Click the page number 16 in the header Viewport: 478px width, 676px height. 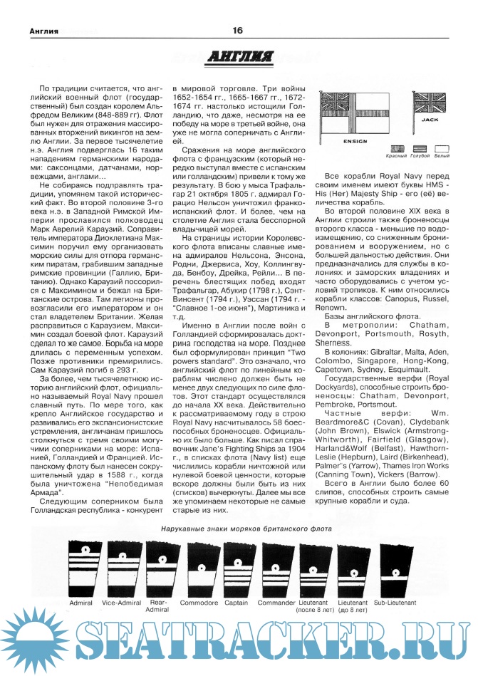click(238, 30)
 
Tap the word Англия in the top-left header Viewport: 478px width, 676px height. click(34, 31)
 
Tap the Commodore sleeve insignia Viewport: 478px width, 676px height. click(196, 570)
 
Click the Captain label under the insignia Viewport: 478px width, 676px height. click(237, 603)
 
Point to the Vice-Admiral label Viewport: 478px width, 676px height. click(120, 603)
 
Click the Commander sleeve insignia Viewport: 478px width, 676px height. click(276, 570)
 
